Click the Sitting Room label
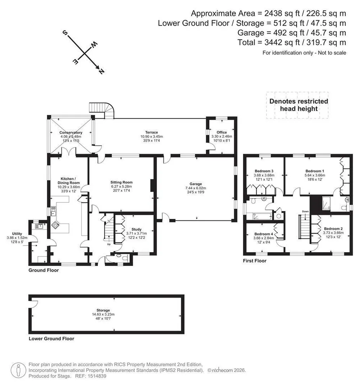(x=121, y=182)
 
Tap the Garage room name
(x=196, y=184)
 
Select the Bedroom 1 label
(x=315, y=171)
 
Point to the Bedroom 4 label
(x=264, y=234)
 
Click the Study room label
(x=136, y=229)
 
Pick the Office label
(x=222, y=132)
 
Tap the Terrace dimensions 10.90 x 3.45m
(x=151, y=136)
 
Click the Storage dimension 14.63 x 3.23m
(x=103, y=314)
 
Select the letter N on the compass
(x=101, y=71)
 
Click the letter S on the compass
(x=65, y=33)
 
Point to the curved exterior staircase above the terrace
(x=101, y=111)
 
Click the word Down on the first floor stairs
(x=305, y=211)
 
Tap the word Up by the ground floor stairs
(x=109, y=244)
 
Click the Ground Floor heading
(x=43, y=270)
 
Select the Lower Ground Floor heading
(x=52, y=338)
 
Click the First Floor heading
(x=254, y=261)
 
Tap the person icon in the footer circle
(x=19, y=370)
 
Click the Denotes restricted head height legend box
(x=297, y=105)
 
